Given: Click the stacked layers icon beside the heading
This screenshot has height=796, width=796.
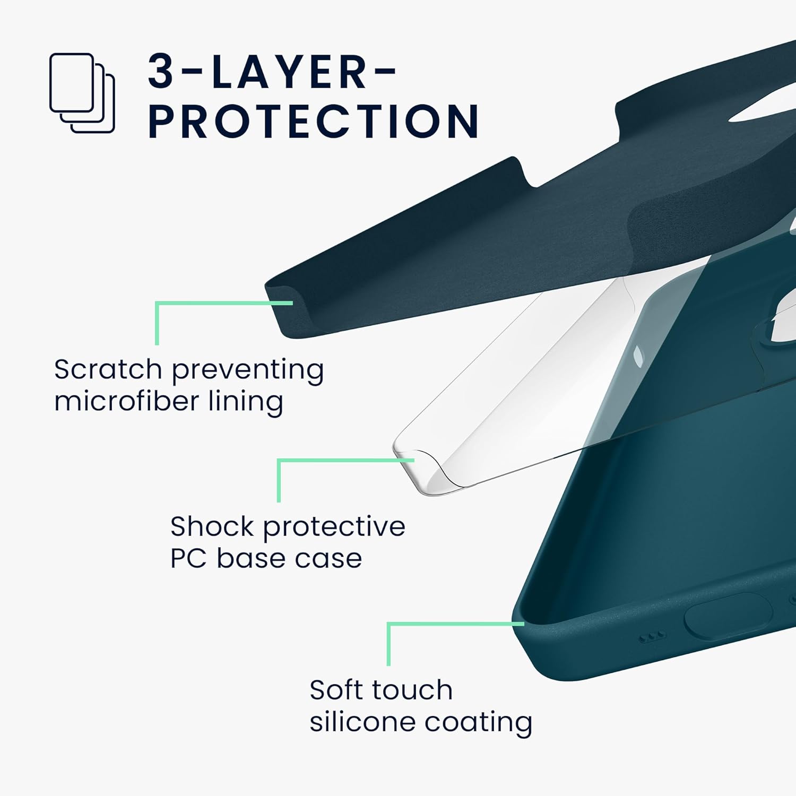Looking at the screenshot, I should pos(82,93).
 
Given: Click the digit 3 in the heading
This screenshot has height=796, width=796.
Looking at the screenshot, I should pos(161,72).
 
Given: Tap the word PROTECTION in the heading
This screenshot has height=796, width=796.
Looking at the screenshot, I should pos(313,122).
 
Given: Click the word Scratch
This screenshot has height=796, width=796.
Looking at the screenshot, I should pos(108,369).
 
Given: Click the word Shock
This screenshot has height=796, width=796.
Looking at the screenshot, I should pos(212,526).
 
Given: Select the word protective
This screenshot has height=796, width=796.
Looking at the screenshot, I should pos(334,527).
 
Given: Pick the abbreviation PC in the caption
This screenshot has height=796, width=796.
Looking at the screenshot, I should pos(188,558).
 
